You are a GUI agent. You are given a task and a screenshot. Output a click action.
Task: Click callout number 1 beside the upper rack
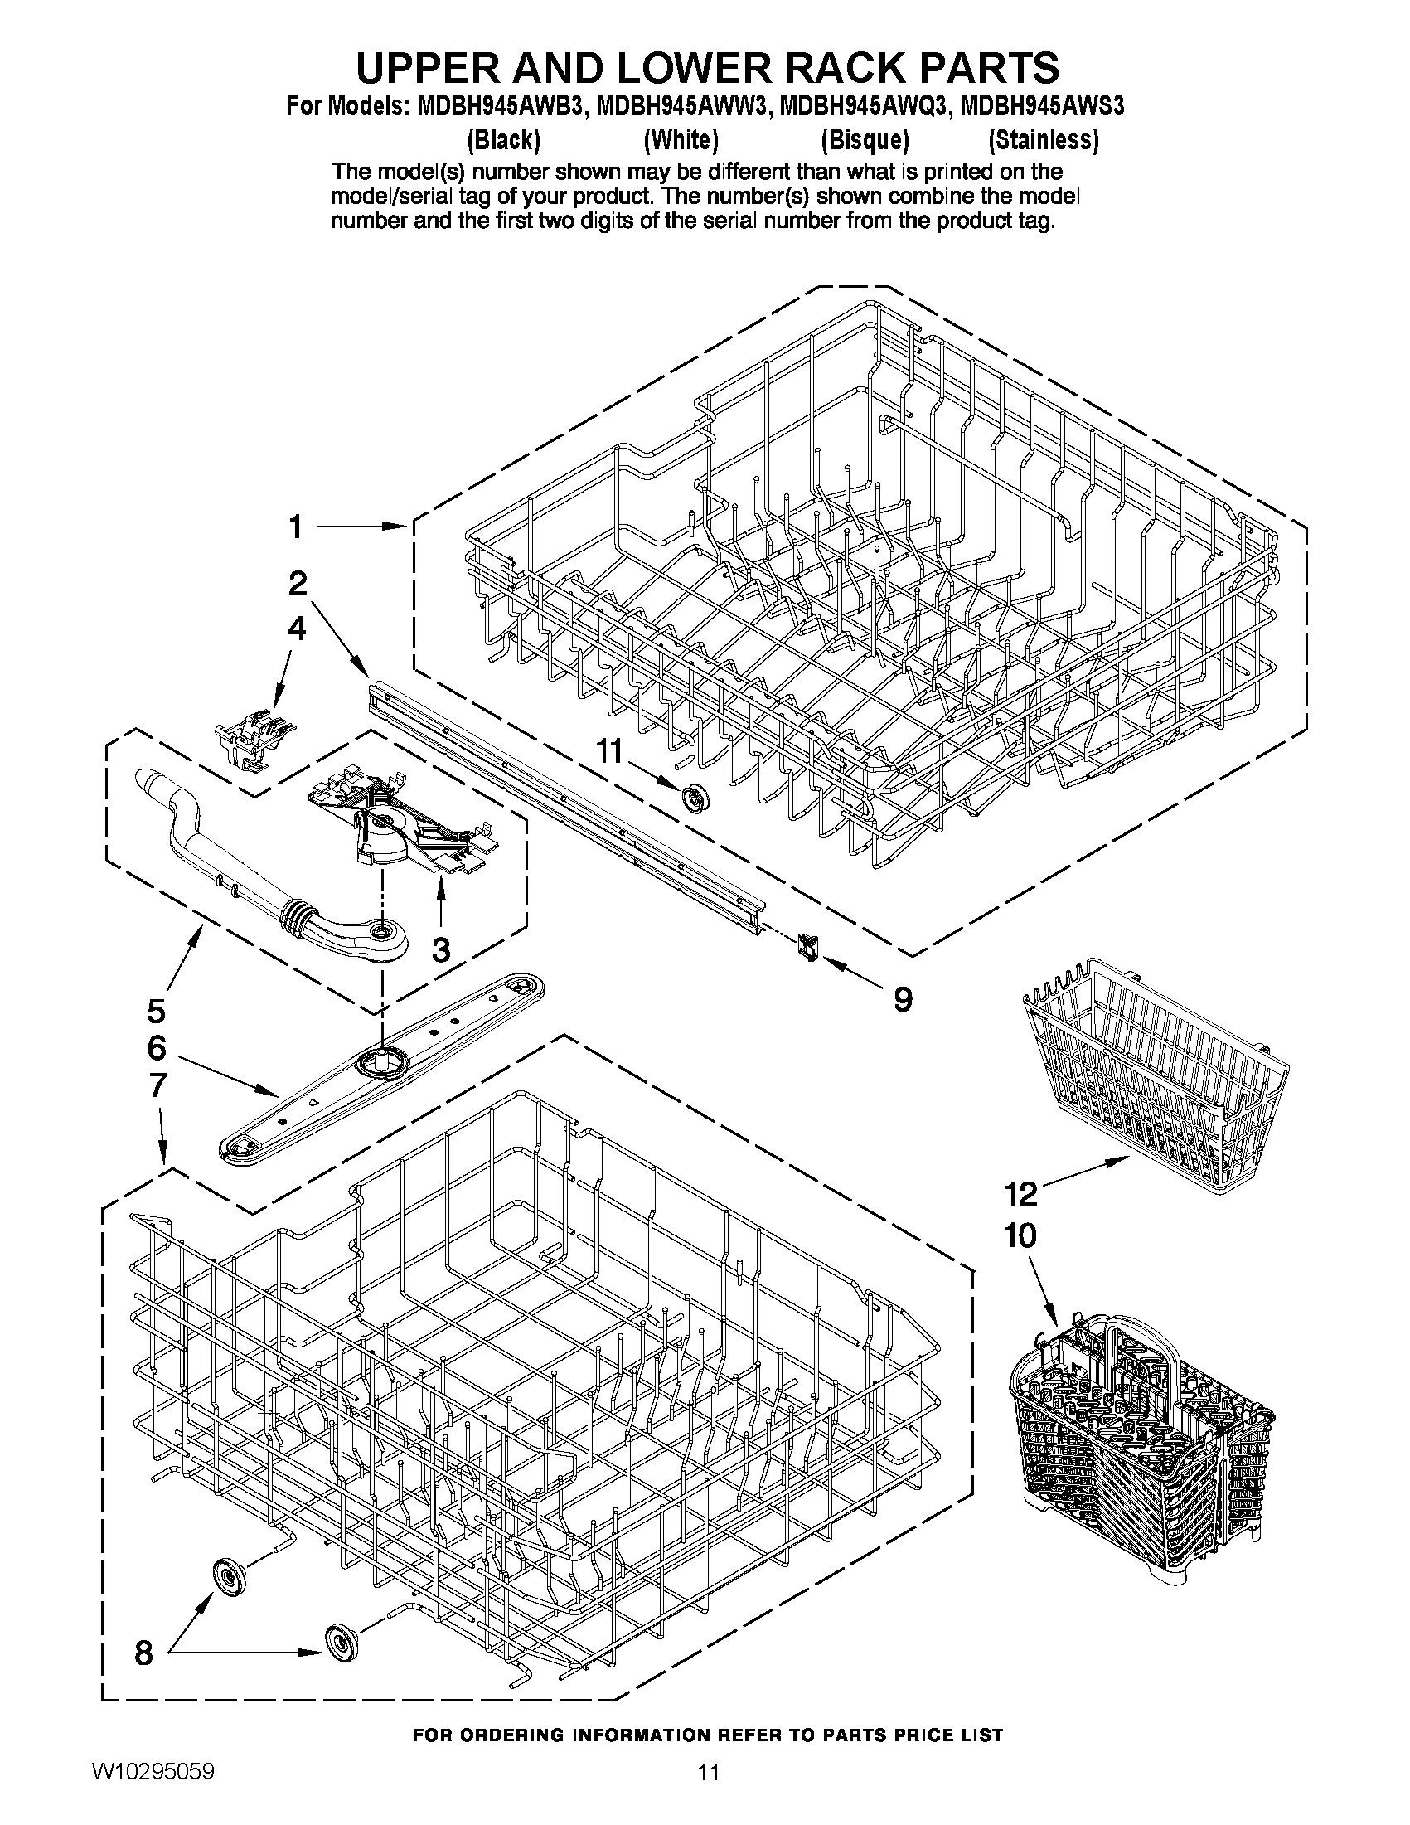tap(296, 527)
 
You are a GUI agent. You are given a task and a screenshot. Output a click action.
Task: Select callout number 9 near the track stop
tap(902, 999)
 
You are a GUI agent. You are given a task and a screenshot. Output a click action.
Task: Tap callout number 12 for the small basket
tap(1020, 1194)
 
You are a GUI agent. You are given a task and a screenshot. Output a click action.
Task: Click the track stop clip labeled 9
tap(807, 947)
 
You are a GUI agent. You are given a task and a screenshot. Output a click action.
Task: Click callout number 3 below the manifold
tap(440, 949)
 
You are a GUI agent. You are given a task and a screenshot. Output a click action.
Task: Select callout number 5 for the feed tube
tap(156, 1012)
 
